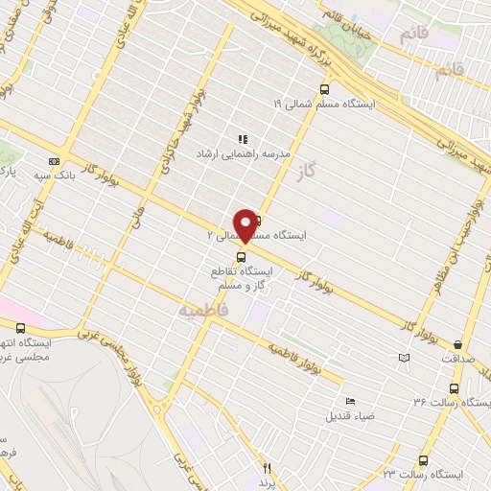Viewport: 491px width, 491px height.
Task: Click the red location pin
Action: [245, 224]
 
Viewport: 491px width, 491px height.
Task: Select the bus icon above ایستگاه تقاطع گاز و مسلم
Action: [240, 256]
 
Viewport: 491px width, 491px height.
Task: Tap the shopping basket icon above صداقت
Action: [457, 344]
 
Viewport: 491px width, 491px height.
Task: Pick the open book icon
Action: [403, 358]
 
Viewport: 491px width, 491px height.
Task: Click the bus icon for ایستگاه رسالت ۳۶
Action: [454, 388]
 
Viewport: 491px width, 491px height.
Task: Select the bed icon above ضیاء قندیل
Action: [349, 401]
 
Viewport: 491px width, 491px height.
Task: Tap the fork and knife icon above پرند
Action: [268, 469]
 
